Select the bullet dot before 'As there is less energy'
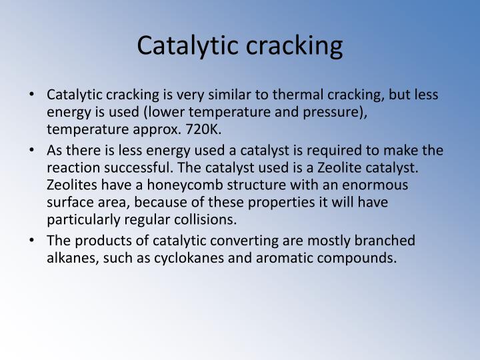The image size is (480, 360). point(33,151)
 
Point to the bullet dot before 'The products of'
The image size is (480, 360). point(33,241)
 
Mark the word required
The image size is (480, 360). point(337,151)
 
